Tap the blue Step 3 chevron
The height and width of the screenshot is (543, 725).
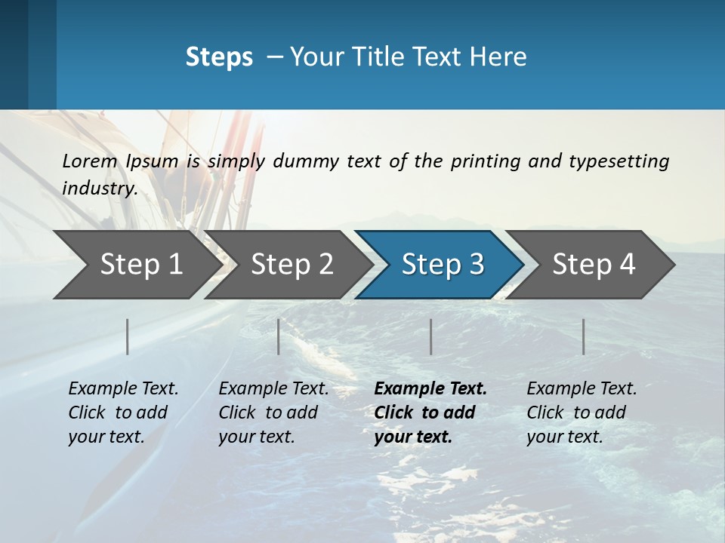[443, 265]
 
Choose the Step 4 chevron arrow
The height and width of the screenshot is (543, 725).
[594, 265]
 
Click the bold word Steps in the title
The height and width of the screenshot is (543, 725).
[219, 57]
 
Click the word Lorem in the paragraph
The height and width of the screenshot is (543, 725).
[89, 161]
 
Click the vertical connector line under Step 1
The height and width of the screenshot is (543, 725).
[128, 336]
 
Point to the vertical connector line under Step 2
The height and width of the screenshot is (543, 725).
[279, 336]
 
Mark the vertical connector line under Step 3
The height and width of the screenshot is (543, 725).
[430, 336]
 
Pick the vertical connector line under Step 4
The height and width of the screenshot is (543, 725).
[583, 336]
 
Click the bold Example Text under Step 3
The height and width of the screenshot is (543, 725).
[430, 389]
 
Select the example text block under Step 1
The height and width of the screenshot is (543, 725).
[123, 413]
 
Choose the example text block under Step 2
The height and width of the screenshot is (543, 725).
[273, 413]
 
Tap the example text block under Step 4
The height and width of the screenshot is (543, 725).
[582, 413]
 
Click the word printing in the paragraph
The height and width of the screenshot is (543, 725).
[485, 161]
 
